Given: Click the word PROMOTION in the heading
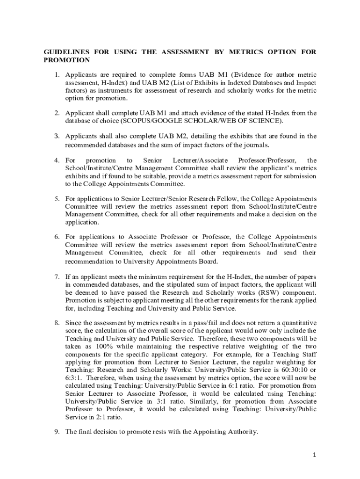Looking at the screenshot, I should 66,60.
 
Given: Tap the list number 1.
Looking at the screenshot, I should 56,75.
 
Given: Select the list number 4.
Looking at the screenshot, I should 56,160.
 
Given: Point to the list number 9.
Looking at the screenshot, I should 56,432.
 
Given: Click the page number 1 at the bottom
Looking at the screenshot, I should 314,454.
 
